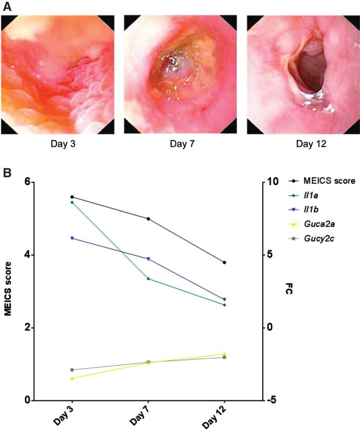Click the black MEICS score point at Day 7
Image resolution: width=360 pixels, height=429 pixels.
(x=148, y=219)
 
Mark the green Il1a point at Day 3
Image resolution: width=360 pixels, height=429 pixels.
(x=72, y=202)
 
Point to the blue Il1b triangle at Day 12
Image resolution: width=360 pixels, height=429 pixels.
(x=224, y=299)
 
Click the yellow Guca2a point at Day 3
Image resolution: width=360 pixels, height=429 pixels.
(x=72, y=378)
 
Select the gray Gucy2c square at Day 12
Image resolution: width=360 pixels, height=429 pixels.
(x=224, y=357)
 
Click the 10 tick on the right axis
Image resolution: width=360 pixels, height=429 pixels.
(x=273, y=183)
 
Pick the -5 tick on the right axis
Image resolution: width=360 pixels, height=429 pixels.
(x=272, y=400)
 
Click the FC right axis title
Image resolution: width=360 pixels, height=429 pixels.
(x=289, y=291)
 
